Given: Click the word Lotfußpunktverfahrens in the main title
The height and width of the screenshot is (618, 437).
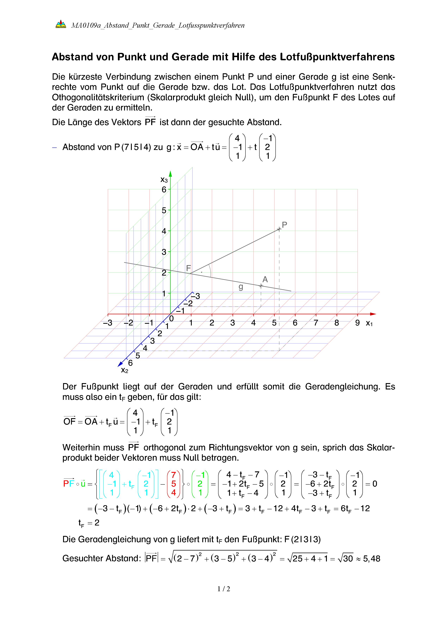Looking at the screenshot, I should pyautogui.click(x=337, y=57).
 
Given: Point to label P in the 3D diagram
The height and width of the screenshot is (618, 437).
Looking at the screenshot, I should pyautogui.click(x=284, y=225).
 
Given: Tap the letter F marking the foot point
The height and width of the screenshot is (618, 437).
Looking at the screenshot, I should pyautogui.click(x=188, y=268).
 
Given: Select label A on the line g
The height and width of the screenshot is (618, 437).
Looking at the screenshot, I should pyautogui.click(x=265, y=279).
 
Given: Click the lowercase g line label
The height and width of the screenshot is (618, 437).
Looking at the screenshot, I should pyautogui.click(x=241, y=287).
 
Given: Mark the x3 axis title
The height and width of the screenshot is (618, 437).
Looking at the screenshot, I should pyautogui.click(x=164, y=180).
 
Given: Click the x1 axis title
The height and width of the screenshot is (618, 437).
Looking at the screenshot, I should pyautogui.click(x=369, y=323).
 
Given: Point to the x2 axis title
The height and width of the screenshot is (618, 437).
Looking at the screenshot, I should pyautogui.click(x=124, y=370).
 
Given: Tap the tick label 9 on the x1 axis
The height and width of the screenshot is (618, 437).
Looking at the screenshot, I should pyautogui.click(x=357, y=323).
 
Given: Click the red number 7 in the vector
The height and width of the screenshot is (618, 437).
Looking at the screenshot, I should pyautogui.click(x=174, y=475).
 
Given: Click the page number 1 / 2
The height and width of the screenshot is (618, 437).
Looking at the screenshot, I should pyautogui.click(x=224, y=589).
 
